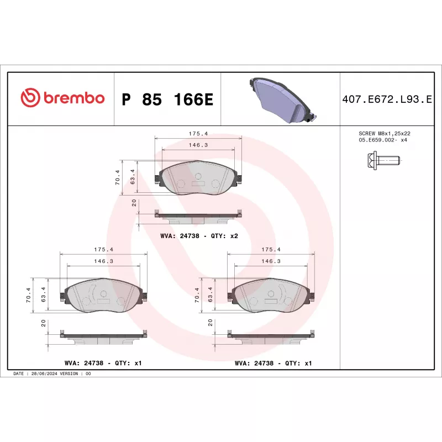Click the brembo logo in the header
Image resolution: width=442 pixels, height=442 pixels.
[62, 98]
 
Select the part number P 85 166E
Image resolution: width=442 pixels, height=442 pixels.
[167, 99]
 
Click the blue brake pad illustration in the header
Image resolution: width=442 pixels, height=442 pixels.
[282, 99]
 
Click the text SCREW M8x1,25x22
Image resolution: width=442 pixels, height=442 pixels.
[385, 134]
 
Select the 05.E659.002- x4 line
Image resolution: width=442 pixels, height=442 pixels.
[383, 140]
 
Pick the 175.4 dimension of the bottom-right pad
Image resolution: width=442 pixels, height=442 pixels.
[271, 250]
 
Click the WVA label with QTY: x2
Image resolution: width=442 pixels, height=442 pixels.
[199, 235]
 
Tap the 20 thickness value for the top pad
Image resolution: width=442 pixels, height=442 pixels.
[135, 203]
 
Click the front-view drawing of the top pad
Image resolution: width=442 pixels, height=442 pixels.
[197, 177]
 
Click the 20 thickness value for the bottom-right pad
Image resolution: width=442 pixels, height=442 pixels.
[211, 323]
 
